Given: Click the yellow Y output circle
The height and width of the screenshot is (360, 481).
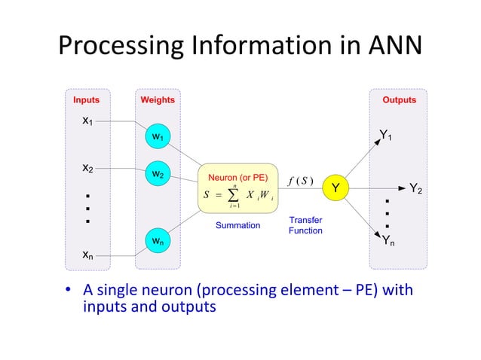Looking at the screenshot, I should (336, 186).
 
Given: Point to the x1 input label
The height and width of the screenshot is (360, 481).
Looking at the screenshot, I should (88, 121).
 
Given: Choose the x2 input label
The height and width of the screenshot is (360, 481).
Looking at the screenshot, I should (88, 168).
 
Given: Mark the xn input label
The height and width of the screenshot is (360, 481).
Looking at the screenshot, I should (88, 255).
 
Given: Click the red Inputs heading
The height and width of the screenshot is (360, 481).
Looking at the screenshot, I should (86, 99).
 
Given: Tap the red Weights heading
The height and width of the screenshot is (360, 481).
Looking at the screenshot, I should (158, 99).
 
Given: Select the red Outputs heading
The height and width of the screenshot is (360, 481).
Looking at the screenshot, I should (399, 99).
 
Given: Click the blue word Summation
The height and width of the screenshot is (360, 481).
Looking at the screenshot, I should (238, 225).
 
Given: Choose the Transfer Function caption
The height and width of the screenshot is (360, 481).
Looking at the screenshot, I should (305, 224).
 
